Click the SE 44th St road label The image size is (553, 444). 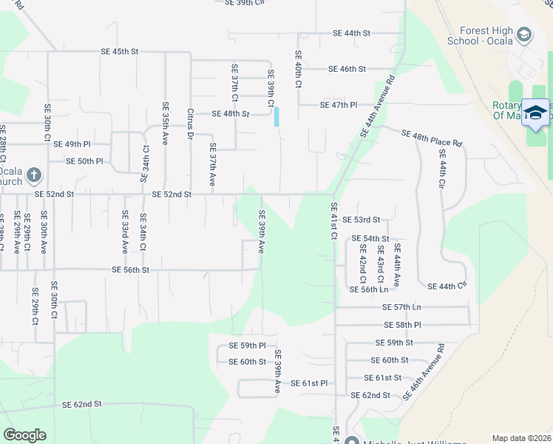click(351, 33)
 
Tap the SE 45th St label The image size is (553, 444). click(120, 52)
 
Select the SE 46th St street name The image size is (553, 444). click(347, 69)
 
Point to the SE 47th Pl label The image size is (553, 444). click(339, 106)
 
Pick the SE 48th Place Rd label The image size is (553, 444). click(432, 138)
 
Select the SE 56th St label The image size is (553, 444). click(130, 271)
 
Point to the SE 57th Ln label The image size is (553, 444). click(401, 307)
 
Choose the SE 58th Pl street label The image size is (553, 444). click(402, 325)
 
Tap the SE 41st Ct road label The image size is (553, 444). click(333, 221)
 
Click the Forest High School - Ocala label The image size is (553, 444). click(486, 36)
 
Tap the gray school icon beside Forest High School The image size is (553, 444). click(524, 35)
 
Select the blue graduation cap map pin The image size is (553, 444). click(535, 112)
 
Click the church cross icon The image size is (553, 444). click(33, 176)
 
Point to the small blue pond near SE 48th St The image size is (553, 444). click(276, 117)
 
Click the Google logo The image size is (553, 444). click(24, 435)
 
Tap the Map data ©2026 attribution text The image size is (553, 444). click(521, 438)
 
